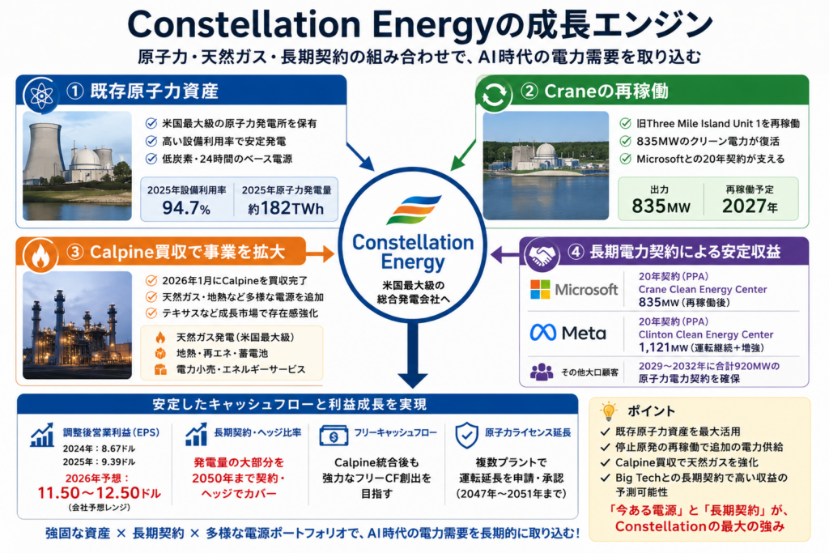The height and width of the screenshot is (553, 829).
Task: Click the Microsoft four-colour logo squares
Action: (540, 289)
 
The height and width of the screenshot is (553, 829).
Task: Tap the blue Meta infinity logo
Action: (543, 333)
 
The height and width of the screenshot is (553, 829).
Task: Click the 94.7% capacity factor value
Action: (186, 208)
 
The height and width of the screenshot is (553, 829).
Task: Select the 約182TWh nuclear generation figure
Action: (286, 208)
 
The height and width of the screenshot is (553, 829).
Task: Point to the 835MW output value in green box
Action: (661, 206)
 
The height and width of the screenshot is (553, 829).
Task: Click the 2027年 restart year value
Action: (750, 206)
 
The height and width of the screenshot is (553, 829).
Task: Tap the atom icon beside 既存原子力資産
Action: (41, 96)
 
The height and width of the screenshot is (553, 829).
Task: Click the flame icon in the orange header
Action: (40, 256)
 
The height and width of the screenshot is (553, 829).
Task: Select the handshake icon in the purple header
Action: (542, 255)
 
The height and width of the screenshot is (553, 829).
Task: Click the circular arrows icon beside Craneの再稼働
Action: (493, 96)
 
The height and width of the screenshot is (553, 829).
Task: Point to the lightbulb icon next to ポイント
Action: (609, 410)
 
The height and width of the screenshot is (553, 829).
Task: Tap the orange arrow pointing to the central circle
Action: (320, 254)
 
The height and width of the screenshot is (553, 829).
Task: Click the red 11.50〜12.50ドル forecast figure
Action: (99, 493)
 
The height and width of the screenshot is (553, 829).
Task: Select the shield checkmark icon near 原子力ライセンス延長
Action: (466, 435)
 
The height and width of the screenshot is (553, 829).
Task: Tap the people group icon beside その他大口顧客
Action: (542, 372)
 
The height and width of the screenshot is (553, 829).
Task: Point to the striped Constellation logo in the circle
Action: (414, 210)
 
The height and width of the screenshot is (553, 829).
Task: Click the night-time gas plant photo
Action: (77, 325)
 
